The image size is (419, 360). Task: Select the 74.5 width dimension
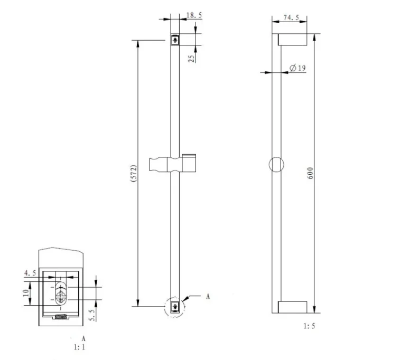[291, 17]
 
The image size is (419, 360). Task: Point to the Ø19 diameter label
[298, 68]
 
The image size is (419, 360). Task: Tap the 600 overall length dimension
[311, 173]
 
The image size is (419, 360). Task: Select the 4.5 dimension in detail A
[30, 273]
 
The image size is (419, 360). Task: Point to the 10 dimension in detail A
[25, 293]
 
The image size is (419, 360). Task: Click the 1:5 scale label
[309, 326]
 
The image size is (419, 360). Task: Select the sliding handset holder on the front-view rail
[173, 164]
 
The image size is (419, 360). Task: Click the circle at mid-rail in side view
[276, 164]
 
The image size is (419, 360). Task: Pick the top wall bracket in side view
[292, 40]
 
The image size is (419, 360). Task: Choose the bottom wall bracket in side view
[292, 307]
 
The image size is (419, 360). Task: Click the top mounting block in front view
[175, 40]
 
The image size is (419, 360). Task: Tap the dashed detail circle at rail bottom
[175, 307]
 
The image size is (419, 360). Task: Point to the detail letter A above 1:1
[82, 338]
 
